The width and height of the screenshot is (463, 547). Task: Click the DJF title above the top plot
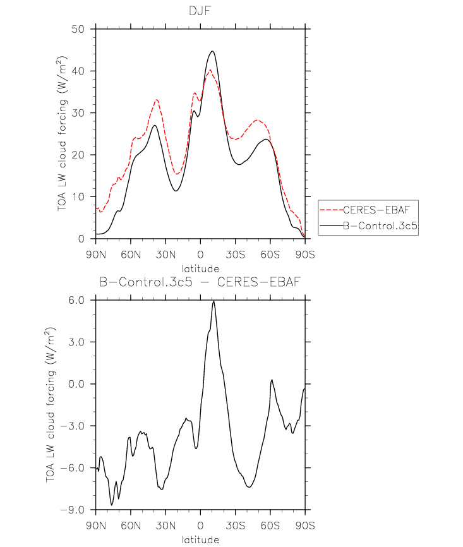(x=200, y=11)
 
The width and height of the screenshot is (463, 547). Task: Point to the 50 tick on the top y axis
(x=78, y=29)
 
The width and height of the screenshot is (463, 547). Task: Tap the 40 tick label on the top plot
(x=78, y=71)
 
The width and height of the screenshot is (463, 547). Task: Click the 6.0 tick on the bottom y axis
(x=76, y=300)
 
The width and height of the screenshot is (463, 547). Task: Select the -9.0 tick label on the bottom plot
(x=73, y=510)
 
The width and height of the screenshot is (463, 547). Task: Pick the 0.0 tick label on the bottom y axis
(x=76, y=384)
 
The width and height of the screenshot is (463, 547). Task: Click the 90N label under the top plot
(x=96, y=255)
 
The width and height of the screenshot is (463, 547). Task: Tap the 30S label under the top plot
(x=235, y=255)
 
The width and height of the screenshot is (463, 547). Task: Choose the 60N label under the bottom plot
(x=131, y=526)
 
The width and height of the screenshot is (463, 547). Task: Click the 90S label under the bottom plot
(x=305, y=526)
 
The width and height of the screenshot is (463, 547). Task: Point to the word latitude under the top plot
(x=200, y=268)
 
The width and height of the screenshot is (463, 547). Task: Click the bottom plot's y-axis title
(x=51, y=405)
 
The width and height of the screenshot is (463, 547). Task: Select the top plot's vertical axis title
(x=62, y=134)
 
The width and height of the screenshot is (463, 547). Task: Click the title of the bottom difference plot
(x=200, y=282)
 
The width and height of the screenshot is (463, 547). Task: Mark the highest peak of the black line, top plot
(x=212, y=51)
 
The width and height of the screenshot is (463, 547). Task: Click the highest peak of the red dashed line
(x=210, y=69)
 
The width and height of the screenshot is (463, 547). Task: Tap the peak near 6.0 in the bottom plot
(x=213, y=301)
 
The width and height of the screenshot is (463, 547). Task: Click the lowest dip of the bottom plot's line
(x=112, y=505)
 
